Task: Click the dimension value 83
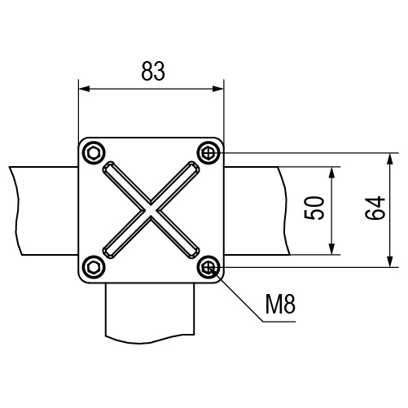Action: [x=153, y=71]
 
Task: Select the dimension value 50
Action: [x=314, y=208]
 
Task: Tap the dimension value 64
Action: [x=375, y=208]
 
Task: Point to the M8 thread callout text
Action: [x=280, y=304]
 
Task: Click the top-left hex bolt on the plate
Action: [x=94, y=153]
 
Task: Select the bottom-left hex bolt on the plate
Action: [x=94, y=268]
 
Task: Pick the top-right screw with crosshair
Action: [x=208, y=153]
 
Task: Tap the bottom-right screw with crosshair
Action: [x=208, y=268]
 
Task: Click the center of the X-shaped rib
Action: [x=151, y=210]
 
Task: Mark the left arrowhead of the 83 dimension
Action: [x=84, y=89]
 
